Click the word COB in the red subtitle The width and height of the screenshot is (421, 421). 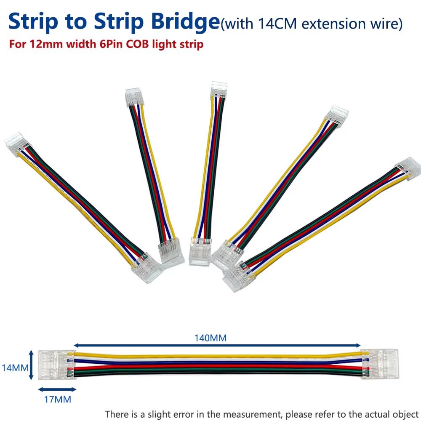pos(137,44)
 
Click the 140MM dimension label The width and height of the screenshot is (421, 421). pos(210,338)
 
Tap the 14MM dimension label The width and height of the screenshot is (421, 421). pos(15,368)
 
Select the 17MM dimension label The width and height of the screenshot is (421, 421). pos(58,400)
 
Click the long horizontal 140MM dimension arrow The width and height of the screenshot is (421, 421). pos(217,345)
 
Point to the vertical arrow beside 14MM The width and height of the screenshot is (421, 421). pos(31,365)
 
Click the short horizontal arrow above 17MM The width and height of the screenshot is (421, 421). pos(57,389)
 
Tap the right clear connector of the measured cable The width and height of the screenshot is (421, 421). pos(380,364)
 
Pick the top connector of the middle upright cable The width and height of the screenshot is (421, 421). pos(219,90)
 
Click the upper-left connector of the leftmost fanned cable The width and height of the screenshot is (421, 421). pos(17,143)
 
